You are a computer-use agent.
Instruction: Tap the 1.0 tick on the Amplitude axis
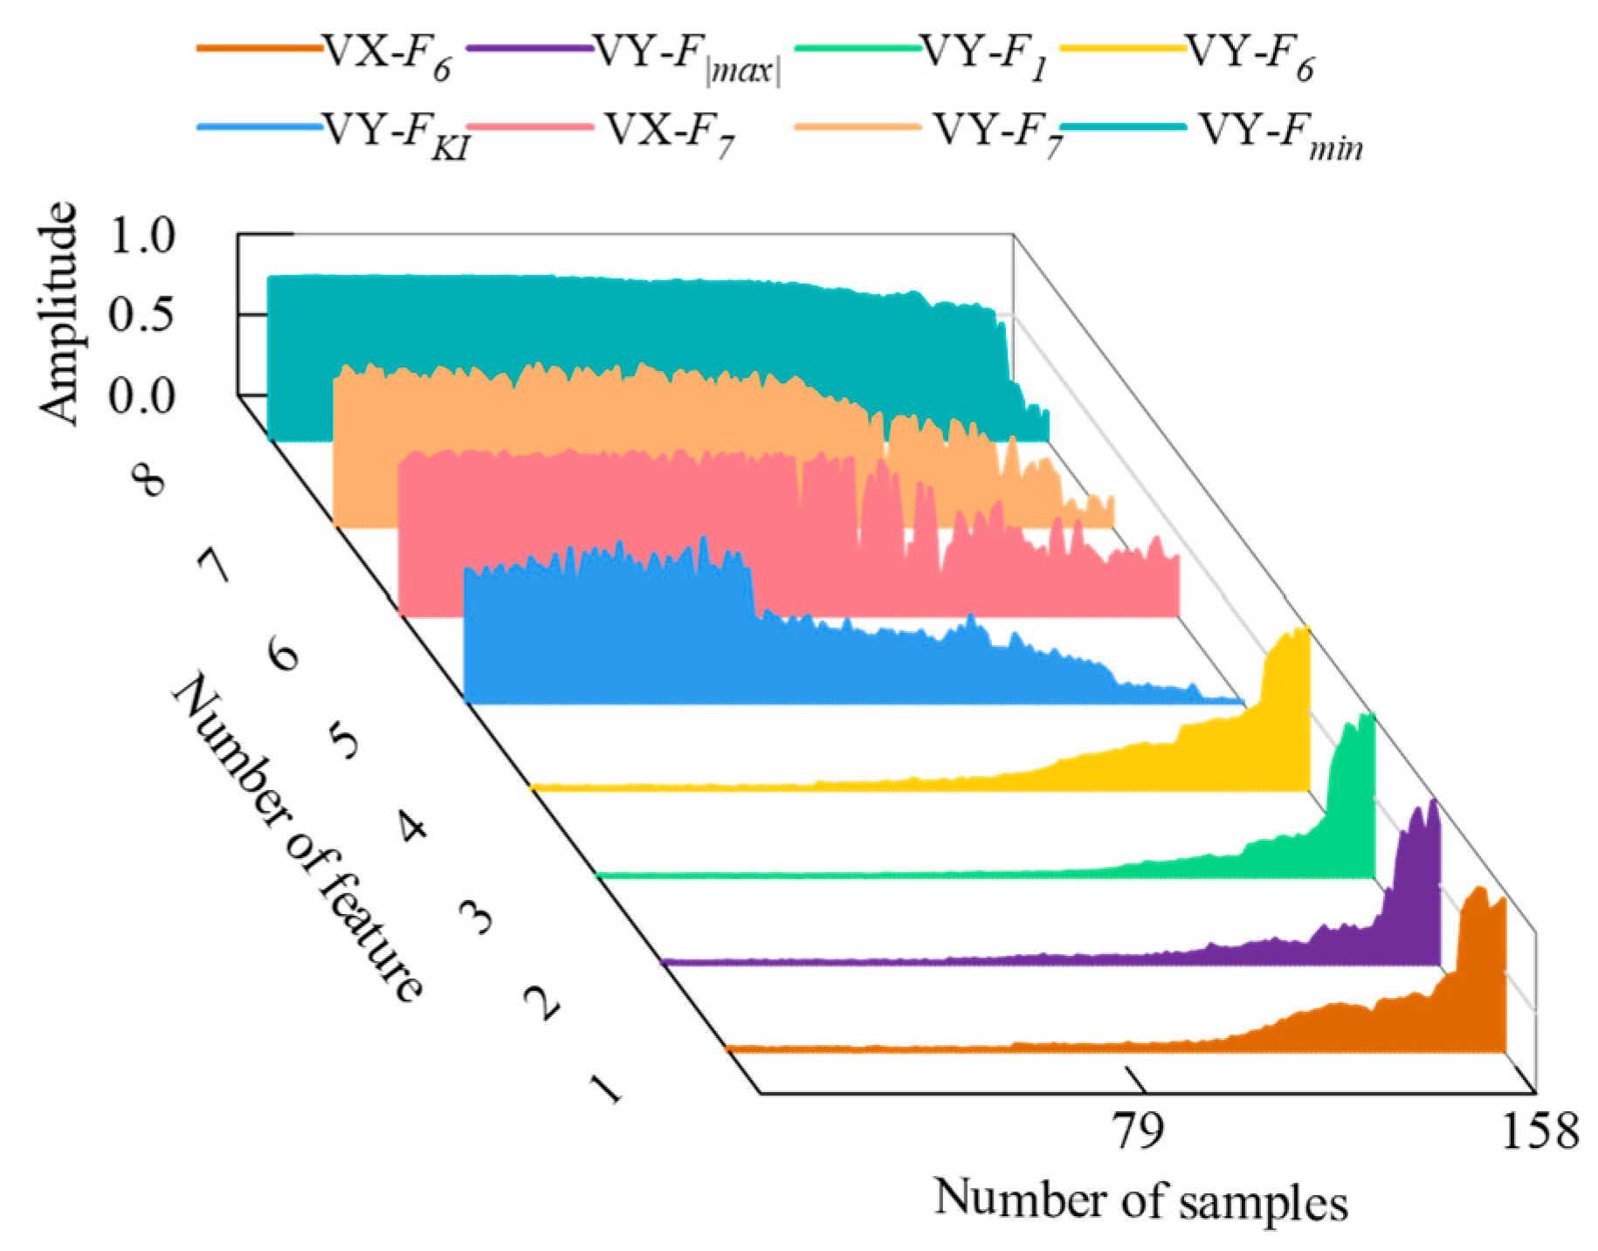pyautogui.click(x=141, y=235)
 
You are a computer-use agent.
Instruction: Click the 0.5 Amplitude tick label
pyautogui.click(x=141, y=315)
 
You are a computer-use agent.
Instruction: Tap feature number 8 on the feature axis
pyautogui.click(x=148, y=479)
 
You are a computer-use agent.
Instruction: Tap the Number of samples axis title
pyautogui.click(x=1140, y=1200)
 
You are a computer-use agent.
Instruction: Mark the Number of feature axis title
pyautogui.click(x=297, y=838)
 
